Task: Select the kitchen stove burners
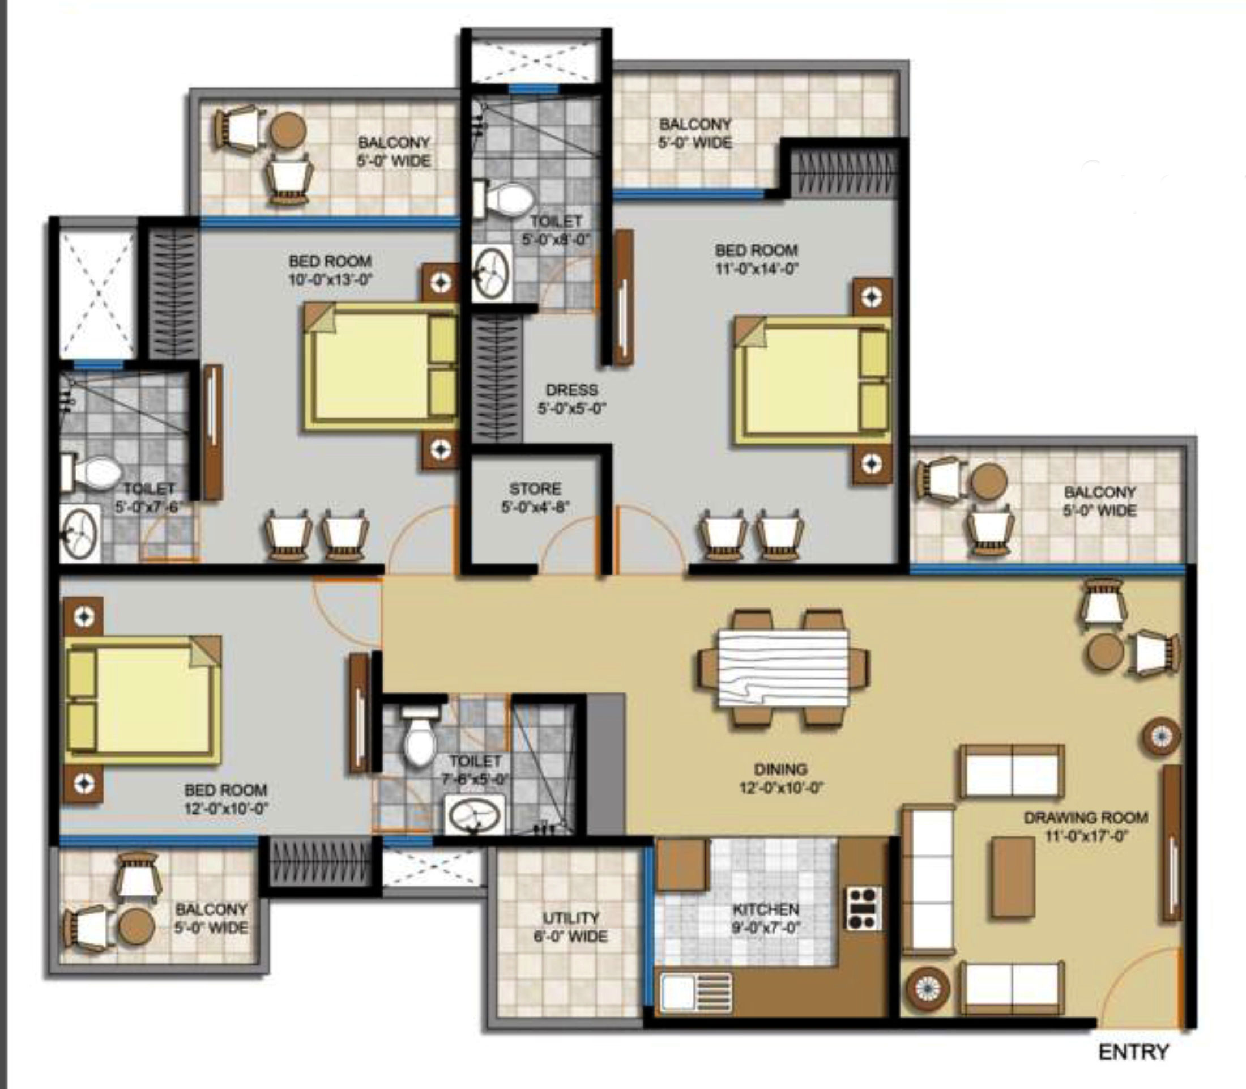click(x=863, y=908)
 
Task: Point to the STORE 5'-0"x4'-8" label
click(x=535, y=497)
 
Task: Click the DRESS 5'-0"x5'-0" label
click(x=571, y=399)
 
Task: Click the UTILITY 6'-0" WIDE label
click(x=570, y=927)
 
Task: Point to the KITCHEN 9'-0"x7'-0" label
click(x=766, y=918)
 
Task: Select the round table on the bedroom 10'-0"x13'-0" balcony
click(x=287, y=130)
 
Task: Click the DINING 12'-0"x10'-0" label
click(x=780, y=779)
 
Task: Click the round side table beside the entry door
click(x=927, y=989)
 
